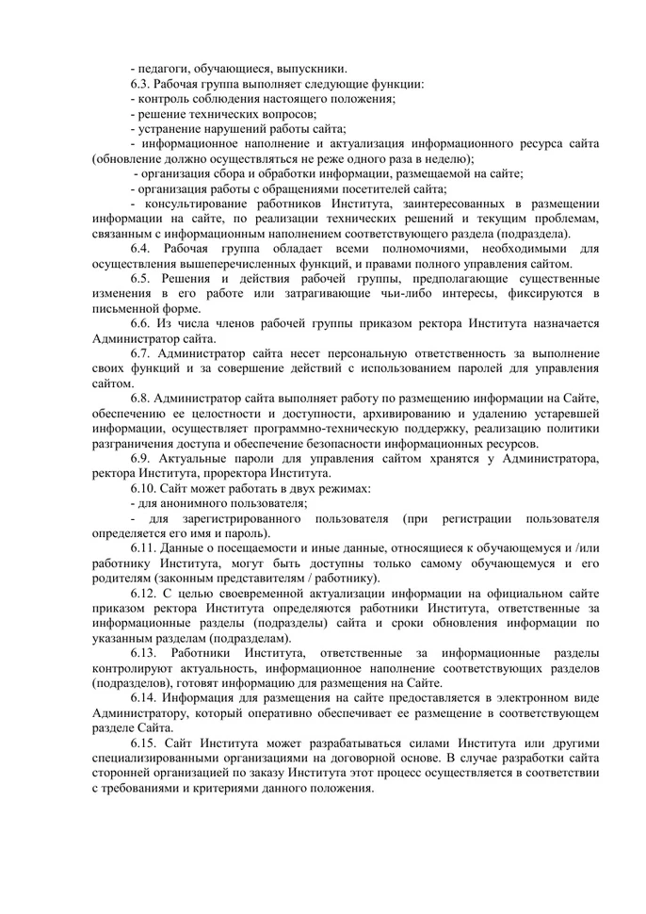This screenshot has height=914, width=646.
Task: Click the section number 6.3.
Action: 141,83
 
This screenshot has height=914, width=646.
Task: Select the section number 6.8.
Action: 141,400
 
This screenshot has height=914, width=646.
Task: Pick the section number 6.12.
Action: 144,593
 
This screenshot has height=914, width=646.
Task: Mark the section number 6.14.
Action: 144,697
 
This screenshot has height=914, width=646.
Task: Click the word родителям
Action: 124,578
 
